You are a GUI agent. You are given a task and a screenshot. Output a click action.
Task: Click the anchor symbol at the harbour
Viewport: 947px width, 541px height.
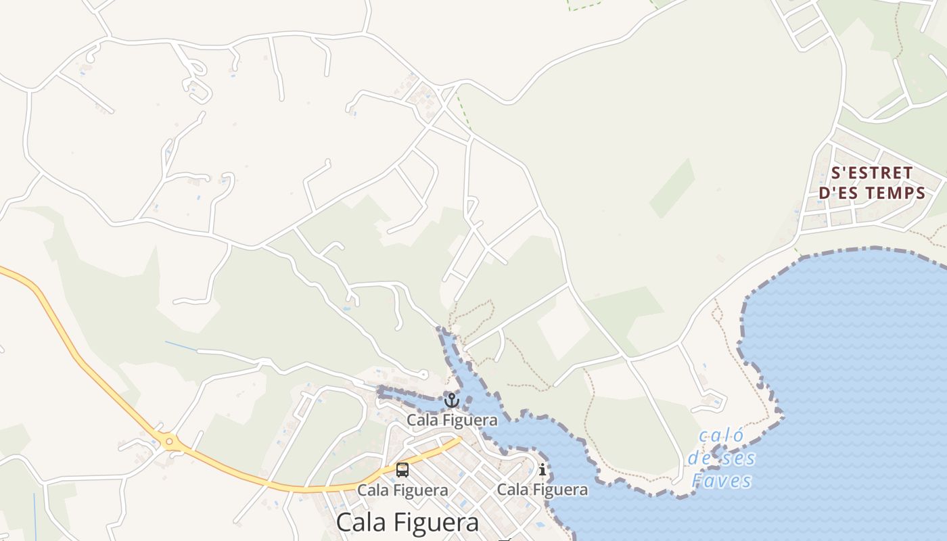(x=451, y=400)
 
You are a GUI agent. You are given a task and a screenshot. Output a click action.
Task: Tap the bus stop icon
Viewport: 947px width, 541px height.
(x=402, y=469)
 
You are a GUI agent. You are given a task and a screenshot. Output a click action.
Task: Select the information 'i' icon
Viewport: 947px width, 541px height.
(x=542, y=469)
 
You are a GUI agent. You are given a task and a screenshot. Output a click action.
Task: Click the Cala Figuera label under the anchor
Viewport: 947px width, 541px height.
(x=452, y=420)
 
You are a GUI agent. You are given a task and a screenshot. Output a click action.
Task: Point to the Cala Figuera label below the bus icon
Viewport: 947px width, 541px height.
(x=402, y=490)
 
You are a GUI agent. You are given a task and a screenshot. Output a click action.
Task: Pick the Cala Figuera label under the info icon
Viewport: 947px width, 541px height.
(x=542, y=489)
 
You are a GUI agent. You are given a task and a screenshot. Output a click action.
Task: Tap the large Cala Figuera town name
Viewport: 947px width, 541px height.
(x=407, y=522)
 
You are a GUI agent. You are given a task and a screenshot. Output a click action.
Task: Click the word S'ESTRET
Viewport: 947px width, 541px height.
(x=871, y=173)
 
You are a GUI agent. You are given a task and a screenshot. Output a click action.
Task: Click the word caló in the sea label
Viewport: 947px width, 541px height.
(x=721, y=436)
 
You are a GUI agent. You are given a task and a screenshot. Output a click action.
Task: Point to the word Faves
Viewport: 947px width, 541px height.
(x=721, y=481)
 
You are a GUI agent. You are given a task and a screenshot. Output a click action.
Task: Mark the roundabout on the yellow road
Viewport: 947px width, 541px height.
(x=169, y=443)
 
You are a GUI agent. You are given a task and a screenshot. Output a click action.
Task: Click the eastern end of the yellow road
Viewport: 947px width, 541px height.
(x=459, y=440)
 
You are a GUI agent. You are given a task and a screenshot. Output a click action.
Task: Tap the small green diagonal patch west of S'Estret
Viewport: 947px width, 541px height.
(x=672, y=188)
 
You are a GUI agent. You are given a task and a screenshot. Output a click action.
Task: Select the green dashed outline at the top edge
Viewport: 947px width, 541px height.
(x=584, y=7)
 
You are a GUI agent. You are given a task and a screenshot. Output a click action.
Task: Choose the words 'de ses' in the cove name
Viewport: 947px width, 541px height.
(x=721, y=458)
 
